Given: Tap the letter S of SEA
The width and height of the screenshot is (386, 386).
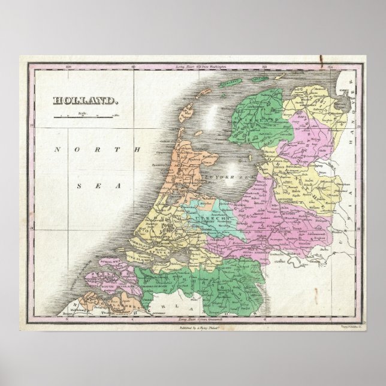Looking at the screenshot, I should [78, 186].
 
